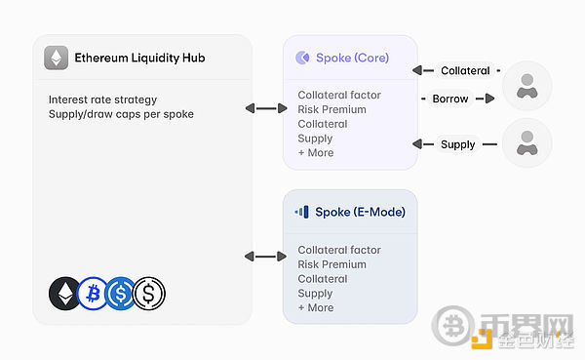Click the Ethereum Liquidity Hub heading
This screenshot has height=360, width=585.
[139, 58]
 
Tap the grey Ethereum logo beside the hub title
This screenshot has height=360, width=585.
[57, 58]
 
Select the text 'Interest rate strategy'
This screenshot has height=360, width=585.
[102, 100]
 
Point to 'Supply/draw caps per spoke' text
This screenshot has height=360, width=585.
[121, 115]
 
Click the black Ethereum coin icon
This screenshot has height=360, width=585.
[65, 293]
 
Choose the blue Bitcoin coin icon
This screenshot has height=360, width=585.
[93, 293]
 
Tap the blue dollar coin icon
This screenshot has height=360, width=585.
[122, 293]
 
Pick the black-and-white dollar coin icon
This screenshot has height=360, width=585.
[149, 293]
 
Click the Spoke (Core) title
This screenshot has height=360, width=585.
[352, 58]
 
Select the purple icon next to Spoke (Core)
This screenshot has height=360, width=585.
[302, 58]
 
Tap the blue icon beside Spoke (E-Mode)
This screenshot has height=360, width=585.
[302, 211]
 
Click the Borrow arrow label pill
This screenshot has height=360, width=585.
[449, 98]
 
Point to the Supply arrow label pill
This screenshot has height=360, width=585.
[457, 144]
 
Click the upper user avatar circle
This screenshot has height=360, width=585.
[527, 85]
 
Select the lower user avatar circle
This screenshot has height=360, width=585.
[527, 142]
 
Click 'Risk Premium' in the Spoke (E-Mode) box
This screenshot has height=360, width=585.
[331, 264]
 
